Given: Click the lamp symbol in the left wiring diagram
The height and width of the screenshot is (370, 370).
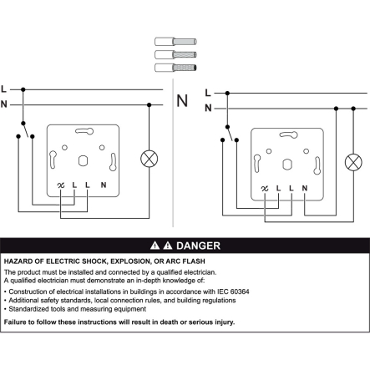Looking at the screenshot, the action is [x=150, y=159].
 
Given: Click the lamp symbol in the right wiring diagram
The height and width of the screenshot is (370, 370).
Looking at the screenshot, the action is [x=353, y=162].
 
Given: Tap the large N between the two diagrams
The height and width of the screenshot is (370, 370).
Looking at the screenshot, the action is [x=182, y=101].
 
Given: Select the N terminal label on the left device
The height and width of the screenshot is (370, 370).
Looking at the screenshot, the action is [x=104, y=185].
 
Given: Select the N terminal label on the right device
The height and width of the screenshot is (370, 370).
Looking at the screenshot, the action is [x=305, y=188].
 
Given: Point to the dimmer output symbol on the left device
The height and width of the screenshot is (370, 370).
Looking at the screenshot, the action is [x=61, y=185].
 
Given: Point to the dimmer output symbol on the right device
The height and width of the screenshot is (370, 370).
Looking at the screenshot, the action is [x=265, y=189].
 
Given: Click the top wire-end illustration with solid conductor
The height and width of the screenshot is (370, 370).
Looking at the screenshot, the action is [x=175, y=42].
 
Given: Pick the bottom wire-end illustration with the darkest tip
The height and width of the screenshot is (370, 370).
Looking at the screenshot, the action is [x=175, y=68].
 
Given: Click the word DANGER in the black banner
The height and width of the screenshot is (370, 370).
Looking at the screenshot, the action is [x=198, y=246].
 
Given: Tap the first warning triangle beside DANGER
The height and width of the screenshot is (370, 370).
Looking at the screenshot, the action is [x=155, y=246].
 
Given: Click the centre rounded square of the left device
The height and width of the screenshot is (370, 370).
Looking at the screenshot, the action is [x=83, y=161].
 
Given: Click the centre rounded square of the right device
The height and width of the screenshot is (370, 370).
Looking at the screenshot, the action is [x=287, y=165].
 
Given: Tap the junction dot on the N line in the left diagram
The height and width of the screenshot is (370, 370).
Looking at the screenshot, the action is [x=150, y=105].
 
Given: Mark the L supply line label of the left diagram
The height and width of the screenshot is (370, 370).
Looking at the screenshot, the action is [x=3, y=89].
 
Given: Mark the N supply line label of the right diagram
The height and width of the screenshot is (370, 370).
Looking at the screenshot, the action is [x=208, y=108].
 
